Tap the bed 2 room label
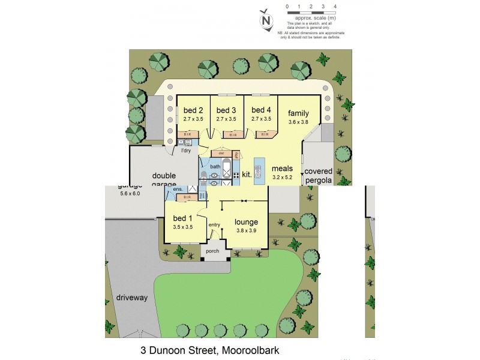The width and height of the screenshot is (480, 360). coord(193,110)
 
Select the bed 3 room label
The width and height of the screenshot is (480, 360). coord(226,110)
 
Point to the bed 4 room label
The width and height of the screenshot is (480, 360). coord(261,110)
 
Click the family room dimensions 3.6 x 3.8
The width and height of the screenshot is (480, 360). coord(298,122)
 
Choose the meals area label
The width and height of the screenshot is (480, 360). coord(282,169)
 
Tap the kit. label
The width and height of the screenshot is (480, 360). coord(247,174)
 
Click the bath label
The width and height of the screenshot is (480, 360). coord(215,166)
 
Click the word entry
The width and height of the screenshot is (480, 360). coord(214,225)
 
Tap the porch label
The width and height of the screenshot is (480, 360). coord(212,251)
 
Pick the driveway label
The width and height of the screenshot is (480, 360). coord(131,298)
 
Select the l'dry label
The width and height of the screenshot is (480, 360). coord(186,151)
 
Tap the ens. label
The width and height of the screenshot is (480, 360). coord(178,190)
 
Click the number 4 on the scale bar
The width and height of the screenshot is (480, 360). coord(335,7)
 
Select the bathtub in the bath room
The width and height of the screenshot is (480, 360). coord(226,170)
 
